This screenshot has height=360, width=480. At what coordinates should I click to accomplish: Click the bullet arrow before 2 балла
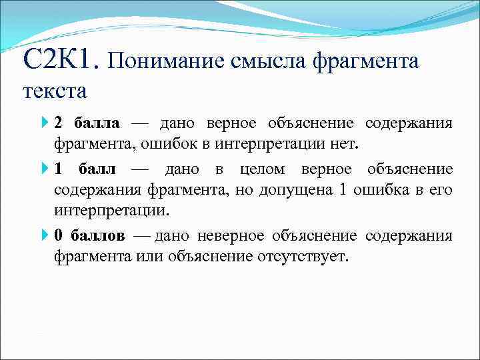pyautogui.click(x=45, y=123)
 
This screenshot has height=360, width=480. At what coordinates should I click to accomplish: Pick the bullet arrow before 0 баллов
pyautogui.click(x=45, y=236)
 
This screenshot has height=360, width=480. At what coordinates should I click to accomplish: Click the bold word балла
pyautogui.click(x=97, y=123)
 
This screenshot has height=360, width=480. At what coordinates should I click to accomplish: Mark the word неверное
pyautogui.click(x=234, y=236)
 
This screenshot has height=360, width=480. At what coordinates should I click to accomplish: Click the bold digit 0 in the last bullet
pyautogui.click(x=59, y=236)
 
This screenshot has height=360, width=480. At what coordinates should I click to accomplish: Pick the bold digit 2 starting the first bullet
pyautogui.click(x=59, y=123)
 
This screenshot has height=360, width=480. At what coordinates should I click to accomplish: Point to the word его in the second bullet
pyautogui.click(x=441, y=190)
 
